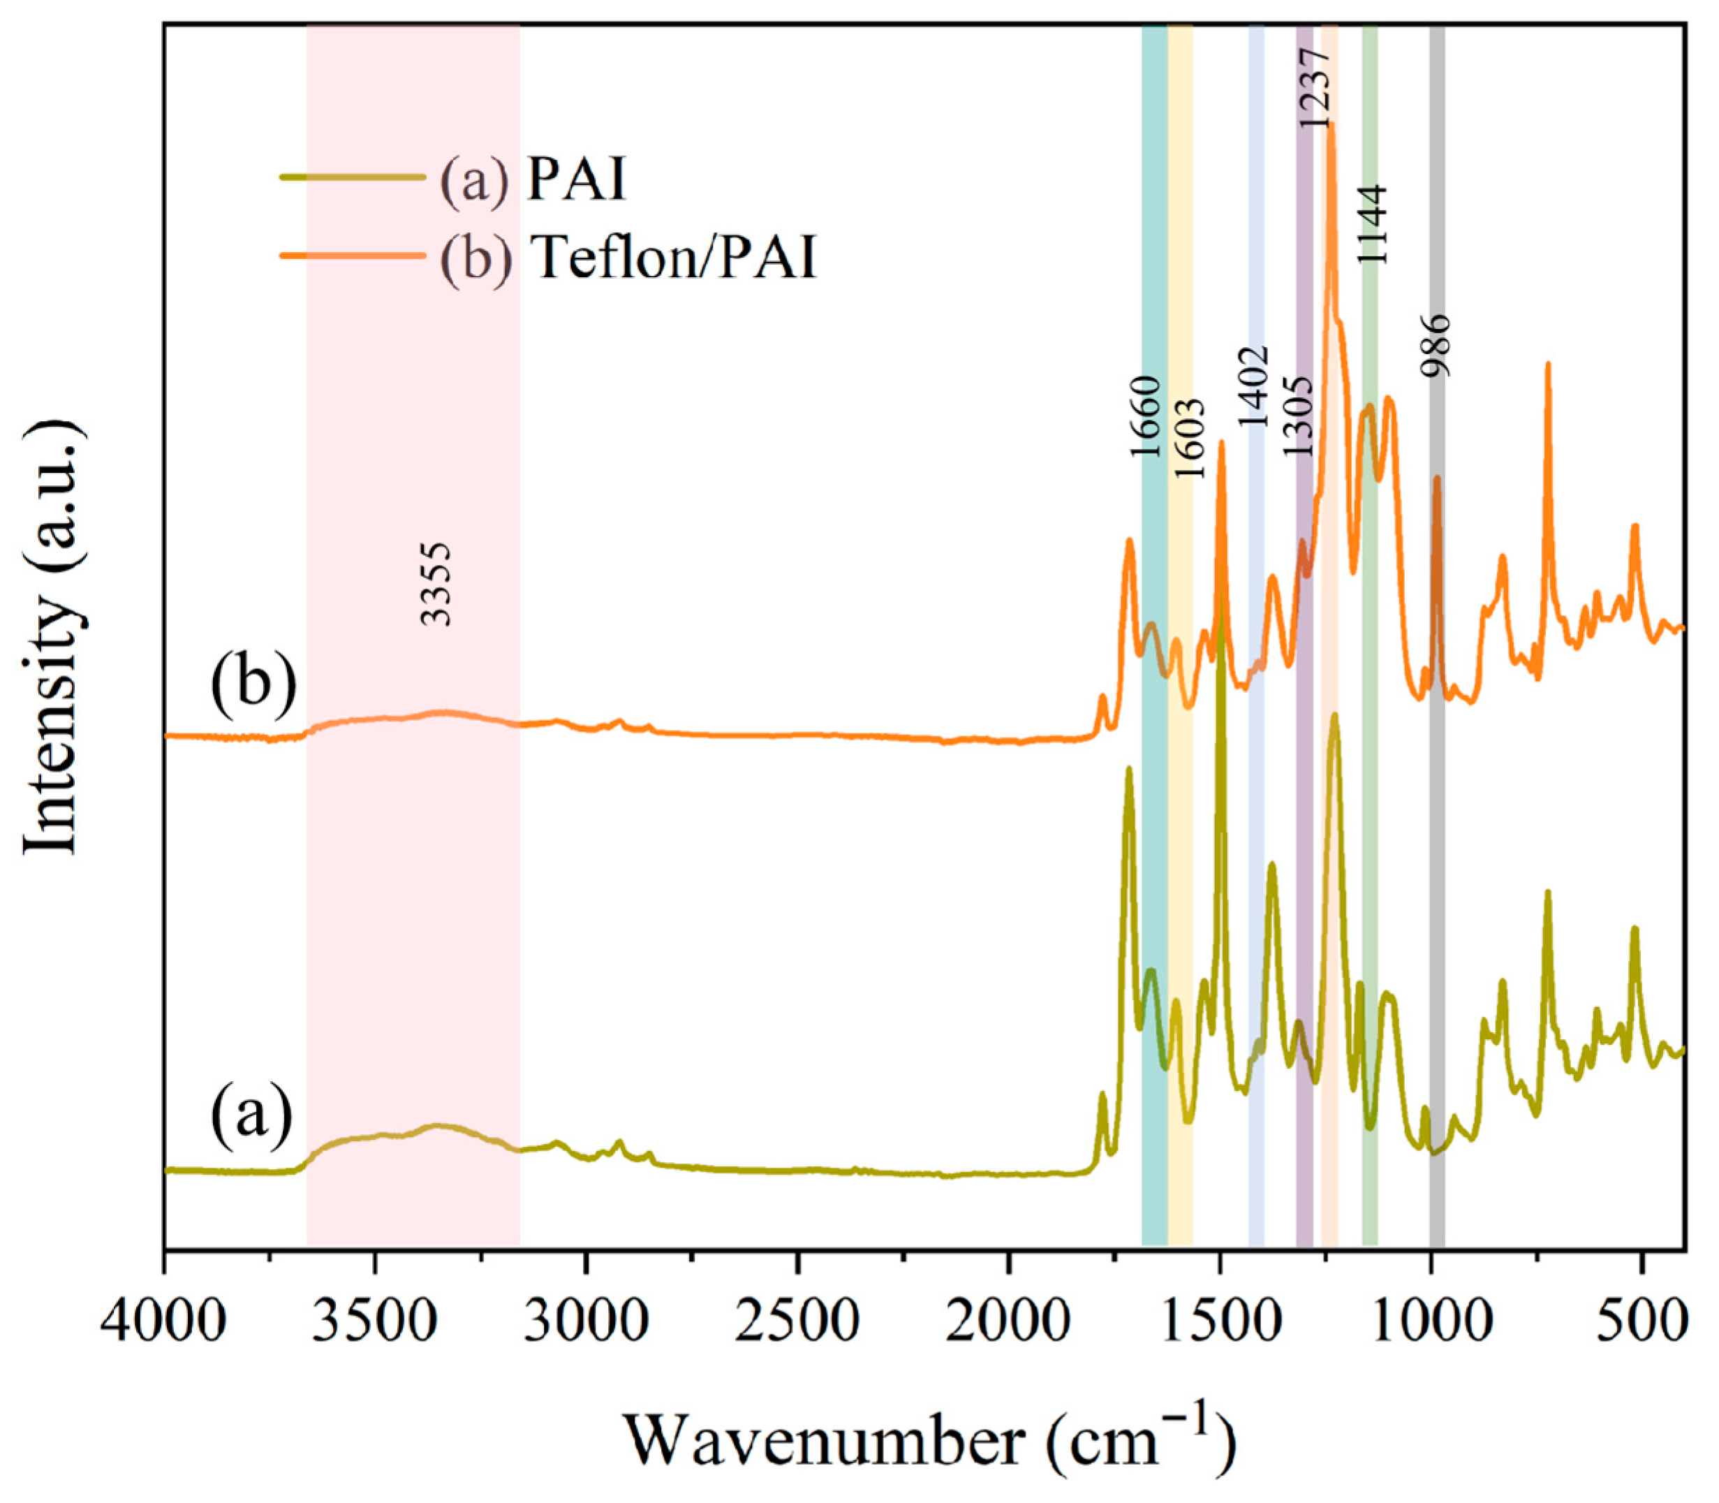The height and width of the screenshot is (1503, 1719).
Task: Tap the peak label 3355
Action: click(x=437, y=584)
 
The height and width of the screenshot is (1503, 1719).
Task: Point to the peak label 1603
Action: click(x=1189, y=438)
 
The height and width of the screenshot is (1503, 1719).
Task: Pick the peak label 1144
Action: click(x=1373, y=223)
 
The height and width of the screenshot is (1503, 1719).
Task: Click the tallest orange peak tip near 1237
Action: click(x=1330, y=126)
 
